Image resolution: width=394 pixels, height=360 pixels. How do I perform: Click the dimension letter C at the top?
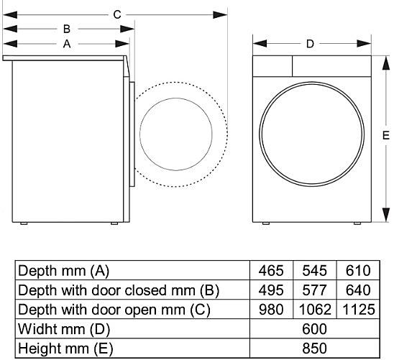coord(117,14)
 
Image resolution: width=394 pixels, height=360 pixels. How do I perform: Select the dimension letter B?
coord(67,29)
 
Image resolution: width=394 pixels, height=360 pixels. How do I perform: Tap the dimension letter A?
coord(67,44)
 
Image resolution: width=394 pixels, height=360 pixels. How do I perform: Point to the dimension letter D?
coord(310,44)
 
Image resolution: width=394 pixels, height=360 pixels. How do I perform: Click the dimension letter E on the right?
coord(386,136)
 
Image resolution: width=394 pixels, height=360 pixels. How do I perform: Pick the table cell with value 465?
coord(271,271)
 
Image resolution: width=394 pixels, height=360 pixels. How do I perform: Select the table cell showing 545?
coord(315,271)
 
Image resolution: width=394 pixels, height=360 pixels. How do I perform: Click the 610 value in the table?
coord(358,271)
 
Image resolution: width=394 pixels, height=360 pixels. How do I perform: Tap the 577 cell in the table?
coord(315,290)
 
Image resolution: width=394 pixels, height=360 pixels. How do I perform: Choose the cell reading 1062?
coord(315,309)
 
